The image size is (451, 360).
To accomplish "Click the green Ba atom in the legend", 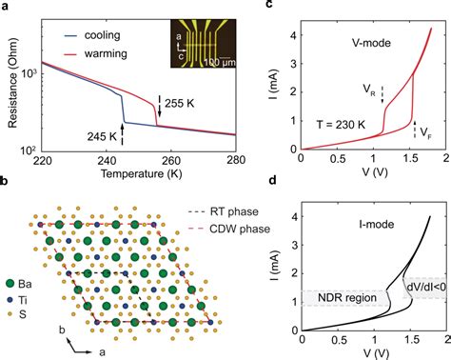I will (10, 283).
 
